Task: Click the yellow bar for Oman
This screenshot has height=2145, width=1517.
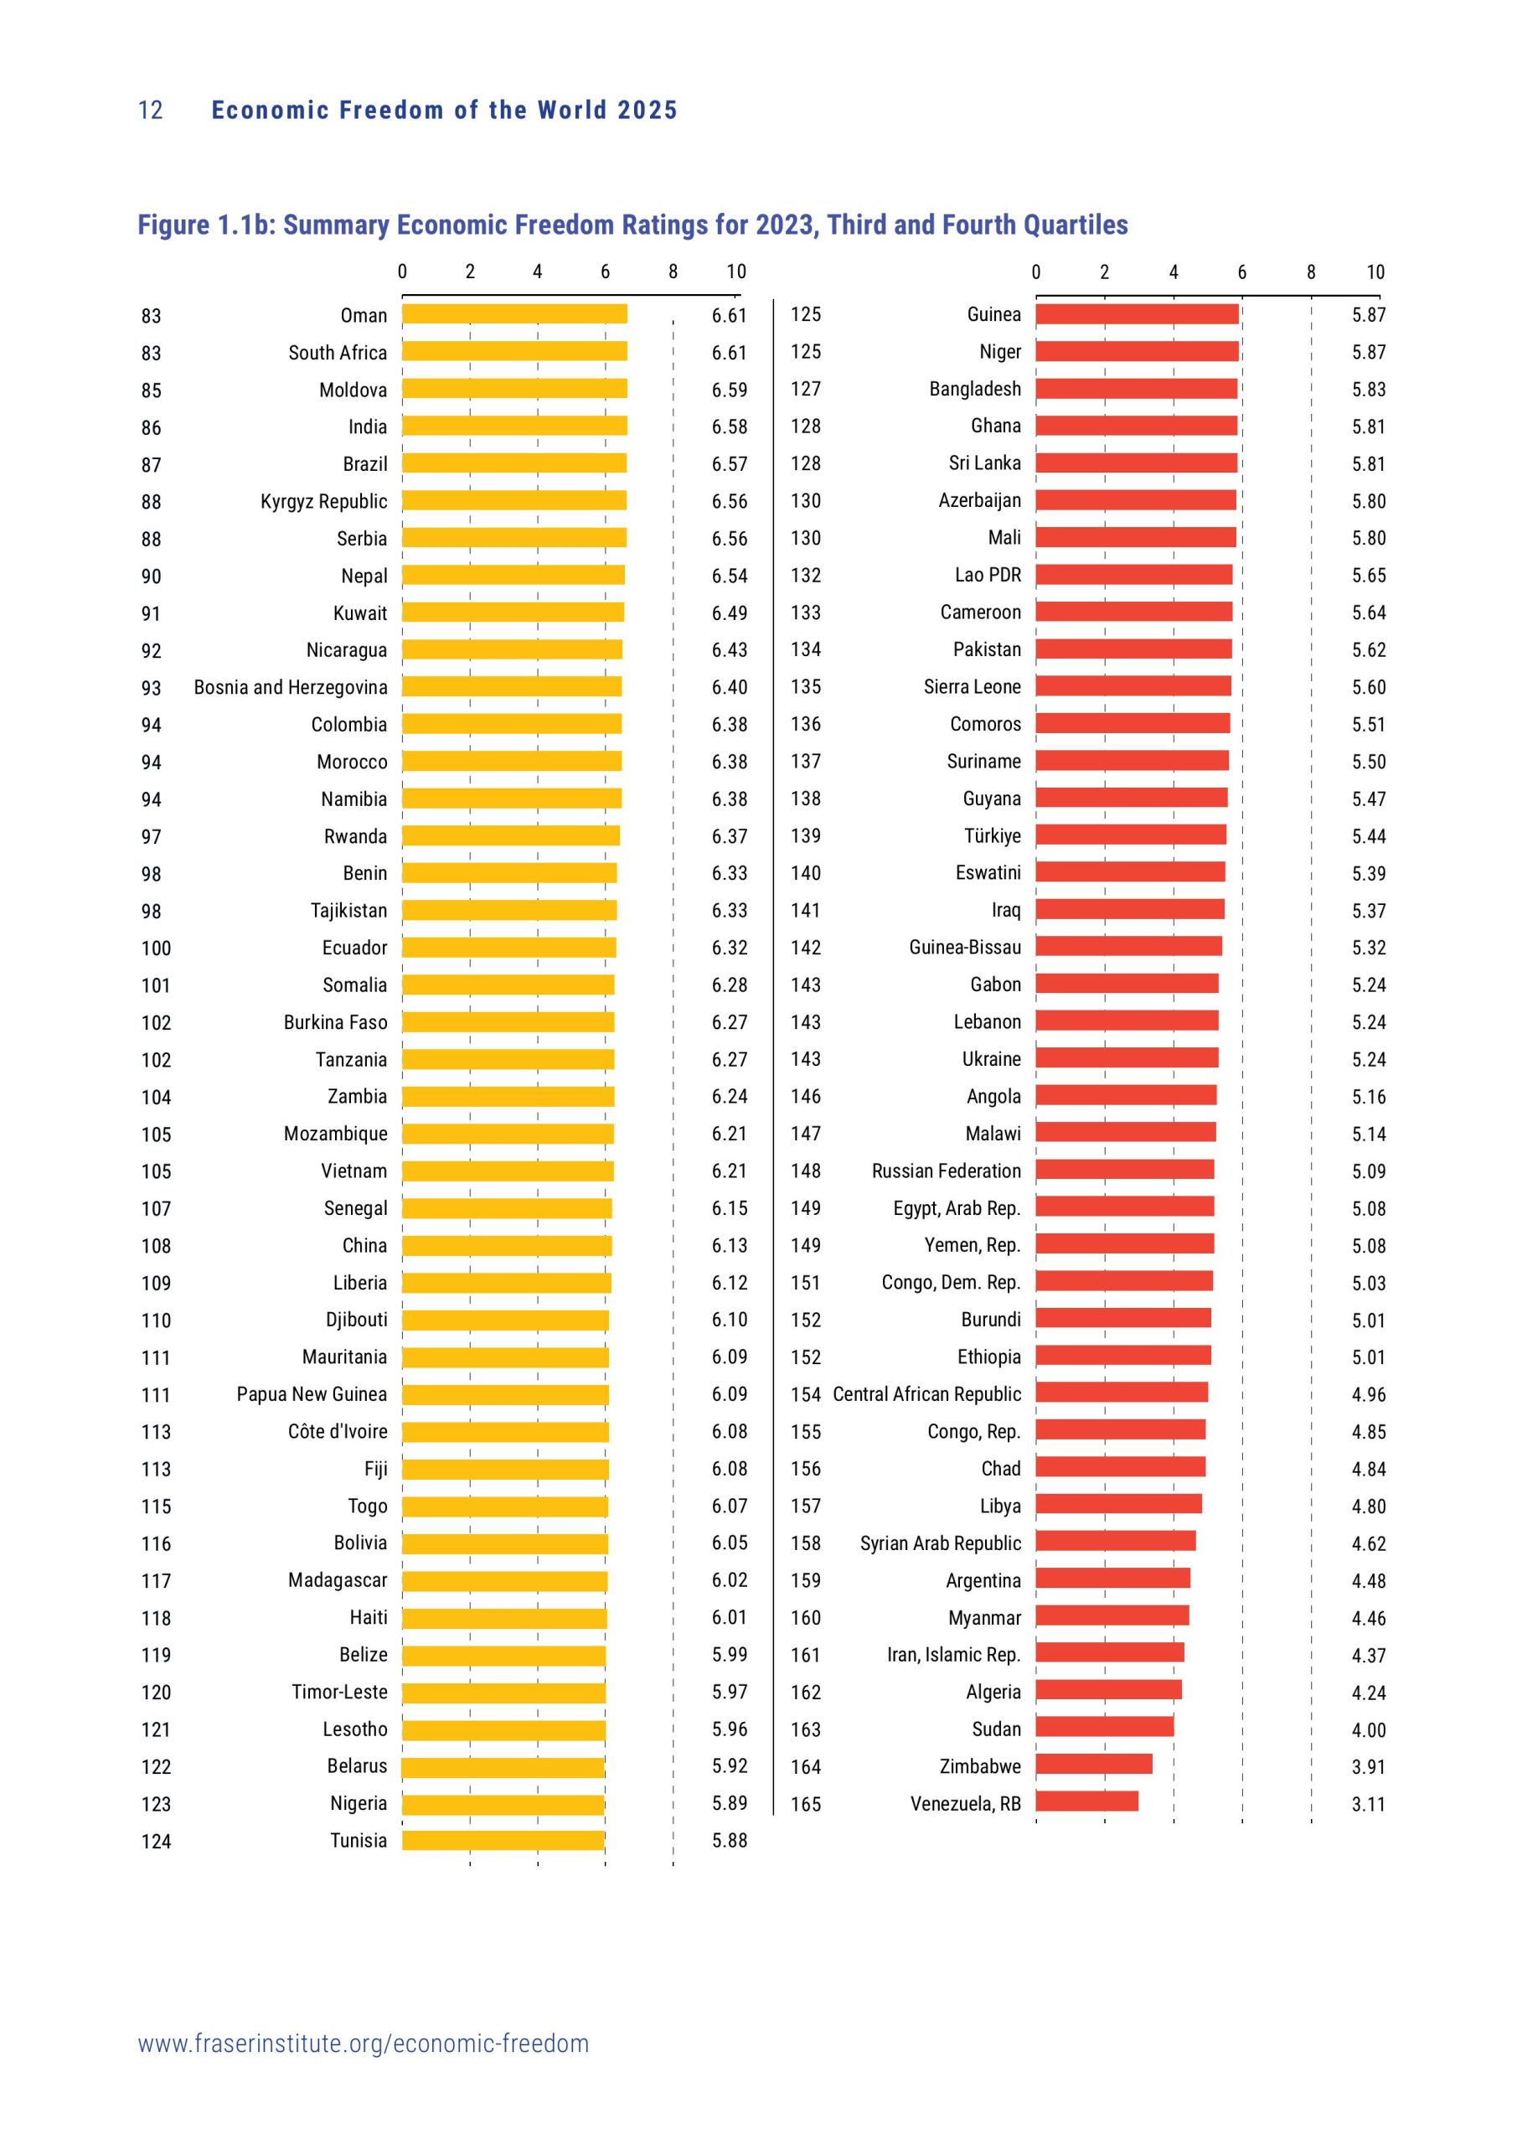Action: (514, 314)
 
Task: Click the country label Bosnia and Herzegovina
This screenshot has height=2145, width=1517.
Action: (291, 687)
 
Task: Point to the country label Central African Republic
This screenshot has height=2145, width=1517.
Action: (926, 1394)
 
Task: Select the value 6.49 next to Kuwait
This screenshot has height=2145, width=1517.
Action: (730, 612)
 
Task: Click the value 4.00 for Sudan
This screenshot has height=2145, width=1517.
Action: (1369, 1730)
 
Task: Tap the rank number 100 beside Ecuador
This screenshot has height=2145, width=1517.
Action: (156, 948)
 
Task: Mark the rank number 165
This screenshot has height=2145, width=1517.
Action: (805, 1804)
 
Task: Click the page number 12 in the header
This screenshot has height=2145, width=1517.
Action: (151, 111)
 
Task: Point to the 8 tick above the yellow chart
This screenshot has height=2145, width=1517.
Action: (673, 271)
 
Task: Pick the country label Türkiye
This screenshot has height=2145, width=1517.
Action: (992, 835)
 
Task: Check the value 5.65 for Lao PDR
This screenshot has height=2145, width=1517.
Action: (1369, 576)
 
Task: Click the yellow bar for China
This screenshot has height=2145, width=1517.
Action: (508, 1245)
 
